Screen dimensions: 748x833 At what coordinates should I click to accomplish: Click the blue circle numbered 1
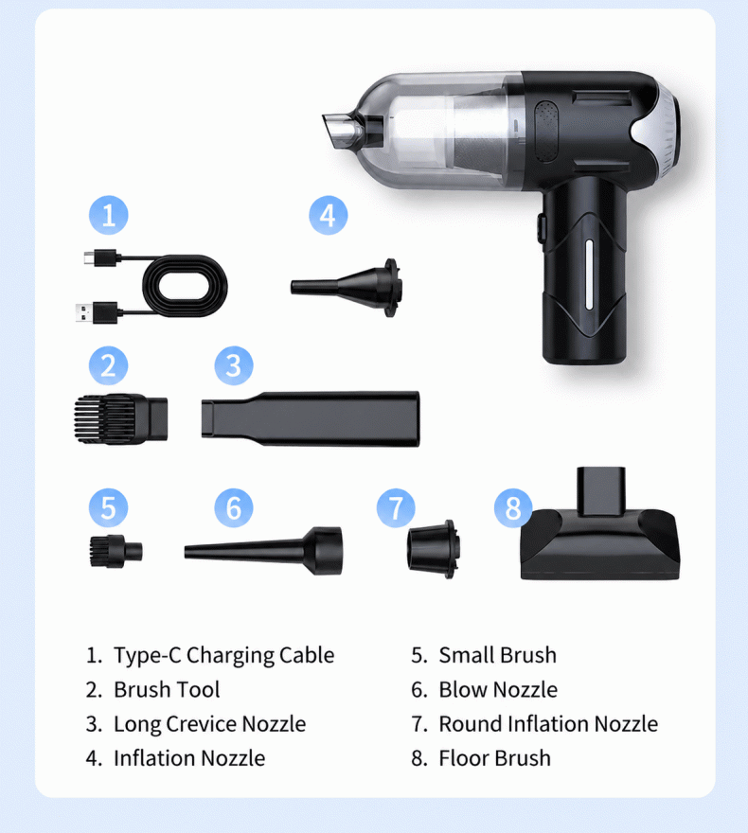(x=108, y=215)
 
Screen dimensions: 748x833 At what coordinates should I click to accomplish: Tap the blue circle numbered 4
(x=329, y=215)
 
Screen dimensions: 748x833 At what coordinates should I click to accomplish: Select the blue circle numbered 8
(x=513, y=508)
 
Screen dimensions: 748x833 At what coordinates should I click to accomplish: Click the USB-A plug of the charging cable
(x=98, y=312)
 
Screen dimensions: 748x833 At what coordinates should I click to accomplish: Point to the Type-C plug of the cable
(x=101, y=257)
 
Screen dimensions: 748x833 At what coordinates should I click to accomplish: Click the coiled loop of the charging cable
(x=185, y=286)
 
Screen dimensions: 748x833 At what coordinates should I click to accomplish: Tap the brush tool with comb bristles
(x=120, y=419)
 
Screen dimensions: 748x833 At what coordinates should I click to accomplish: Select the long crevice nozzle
(x=311, y=418)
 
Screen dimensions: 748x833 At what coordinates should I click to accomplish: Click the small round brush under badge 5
(x=116, y=551)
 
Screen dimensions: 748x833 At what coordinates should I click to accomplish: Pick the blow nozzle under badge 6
(x=263, y=550)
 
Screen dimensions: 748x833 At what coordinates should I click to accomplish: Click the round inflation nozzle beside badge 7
(x=432, y=549)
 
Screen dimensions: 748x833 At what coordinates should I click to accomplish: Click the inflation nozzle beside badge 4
(x=346, y=288)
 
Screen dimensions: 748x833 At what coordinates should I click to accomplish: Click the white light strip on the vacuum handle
(x=589, y=275)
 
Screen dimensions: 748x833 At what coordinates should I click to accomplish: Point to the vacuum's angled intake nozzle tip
(x=340, y=131)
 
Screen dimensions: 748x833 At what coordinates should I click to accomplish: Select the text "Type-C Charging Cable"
(x=224, y=656)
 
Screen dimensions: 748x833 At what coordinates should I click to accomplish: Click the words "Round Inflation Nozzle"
(x=548, y=724)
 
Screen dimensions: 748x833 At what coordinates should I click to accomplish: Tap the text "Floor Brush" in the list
(x=494, y=758)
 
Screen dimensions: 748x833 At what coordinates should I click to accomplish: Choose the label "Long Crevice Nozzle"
(x=210, y=724)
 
